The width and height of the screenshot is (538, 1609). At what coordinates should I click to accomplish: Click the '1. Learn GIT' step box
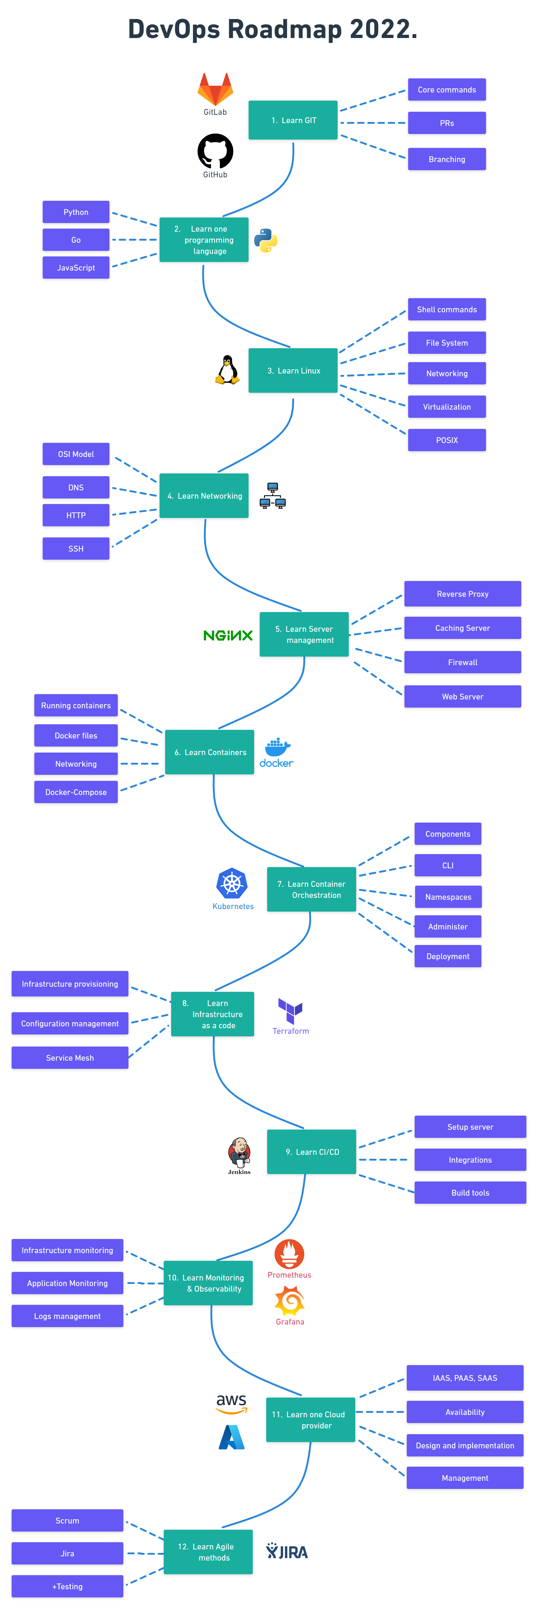click(293, 120)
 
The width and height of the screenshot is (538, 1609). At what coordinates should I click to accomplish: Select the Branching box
click(447, 159)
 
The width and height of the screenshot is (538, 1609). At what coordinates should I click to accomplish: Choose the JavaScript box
click(76, 267)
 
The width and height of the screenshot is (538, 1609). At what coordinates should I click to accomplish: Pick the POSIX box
click(447, 440)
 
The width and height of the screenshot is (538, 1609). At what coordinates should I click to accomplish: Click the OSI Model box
click(76, 454)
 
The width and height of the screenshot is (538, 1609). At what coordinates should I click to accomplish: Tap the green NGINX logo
click(228, 635)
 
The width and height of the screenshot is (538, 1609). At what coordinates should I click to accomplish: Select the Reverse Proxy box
click(462, 593)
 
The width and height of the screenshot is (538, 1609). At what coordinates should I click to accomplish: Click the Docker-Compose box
click(76, 792)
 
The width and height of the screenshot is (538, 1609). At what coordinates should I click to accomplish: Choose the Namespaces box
click(448, 897)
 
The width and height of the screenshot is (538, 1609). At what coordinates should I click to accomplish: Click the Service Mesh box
click(70, 1057)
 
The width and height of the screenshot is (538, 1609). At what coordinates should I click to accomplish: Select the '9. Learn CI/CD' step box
click(312, 1152)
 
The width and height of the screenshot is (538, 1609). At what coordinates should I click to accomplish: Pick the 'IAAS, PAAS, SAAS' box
click(465, 1378)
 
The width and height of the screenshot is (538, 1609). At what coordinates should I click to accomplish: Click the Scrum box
click(67, 1520)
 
